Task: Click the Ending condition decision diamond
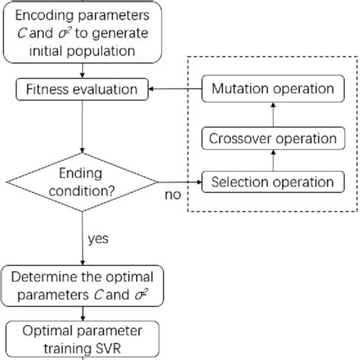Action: coord(82,182)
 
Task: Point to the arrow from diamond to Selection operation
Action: coord(179,182)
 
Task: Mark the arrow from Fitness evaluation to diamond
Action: coord(82,125)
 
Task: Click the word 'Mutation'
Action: coord(243,89)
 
